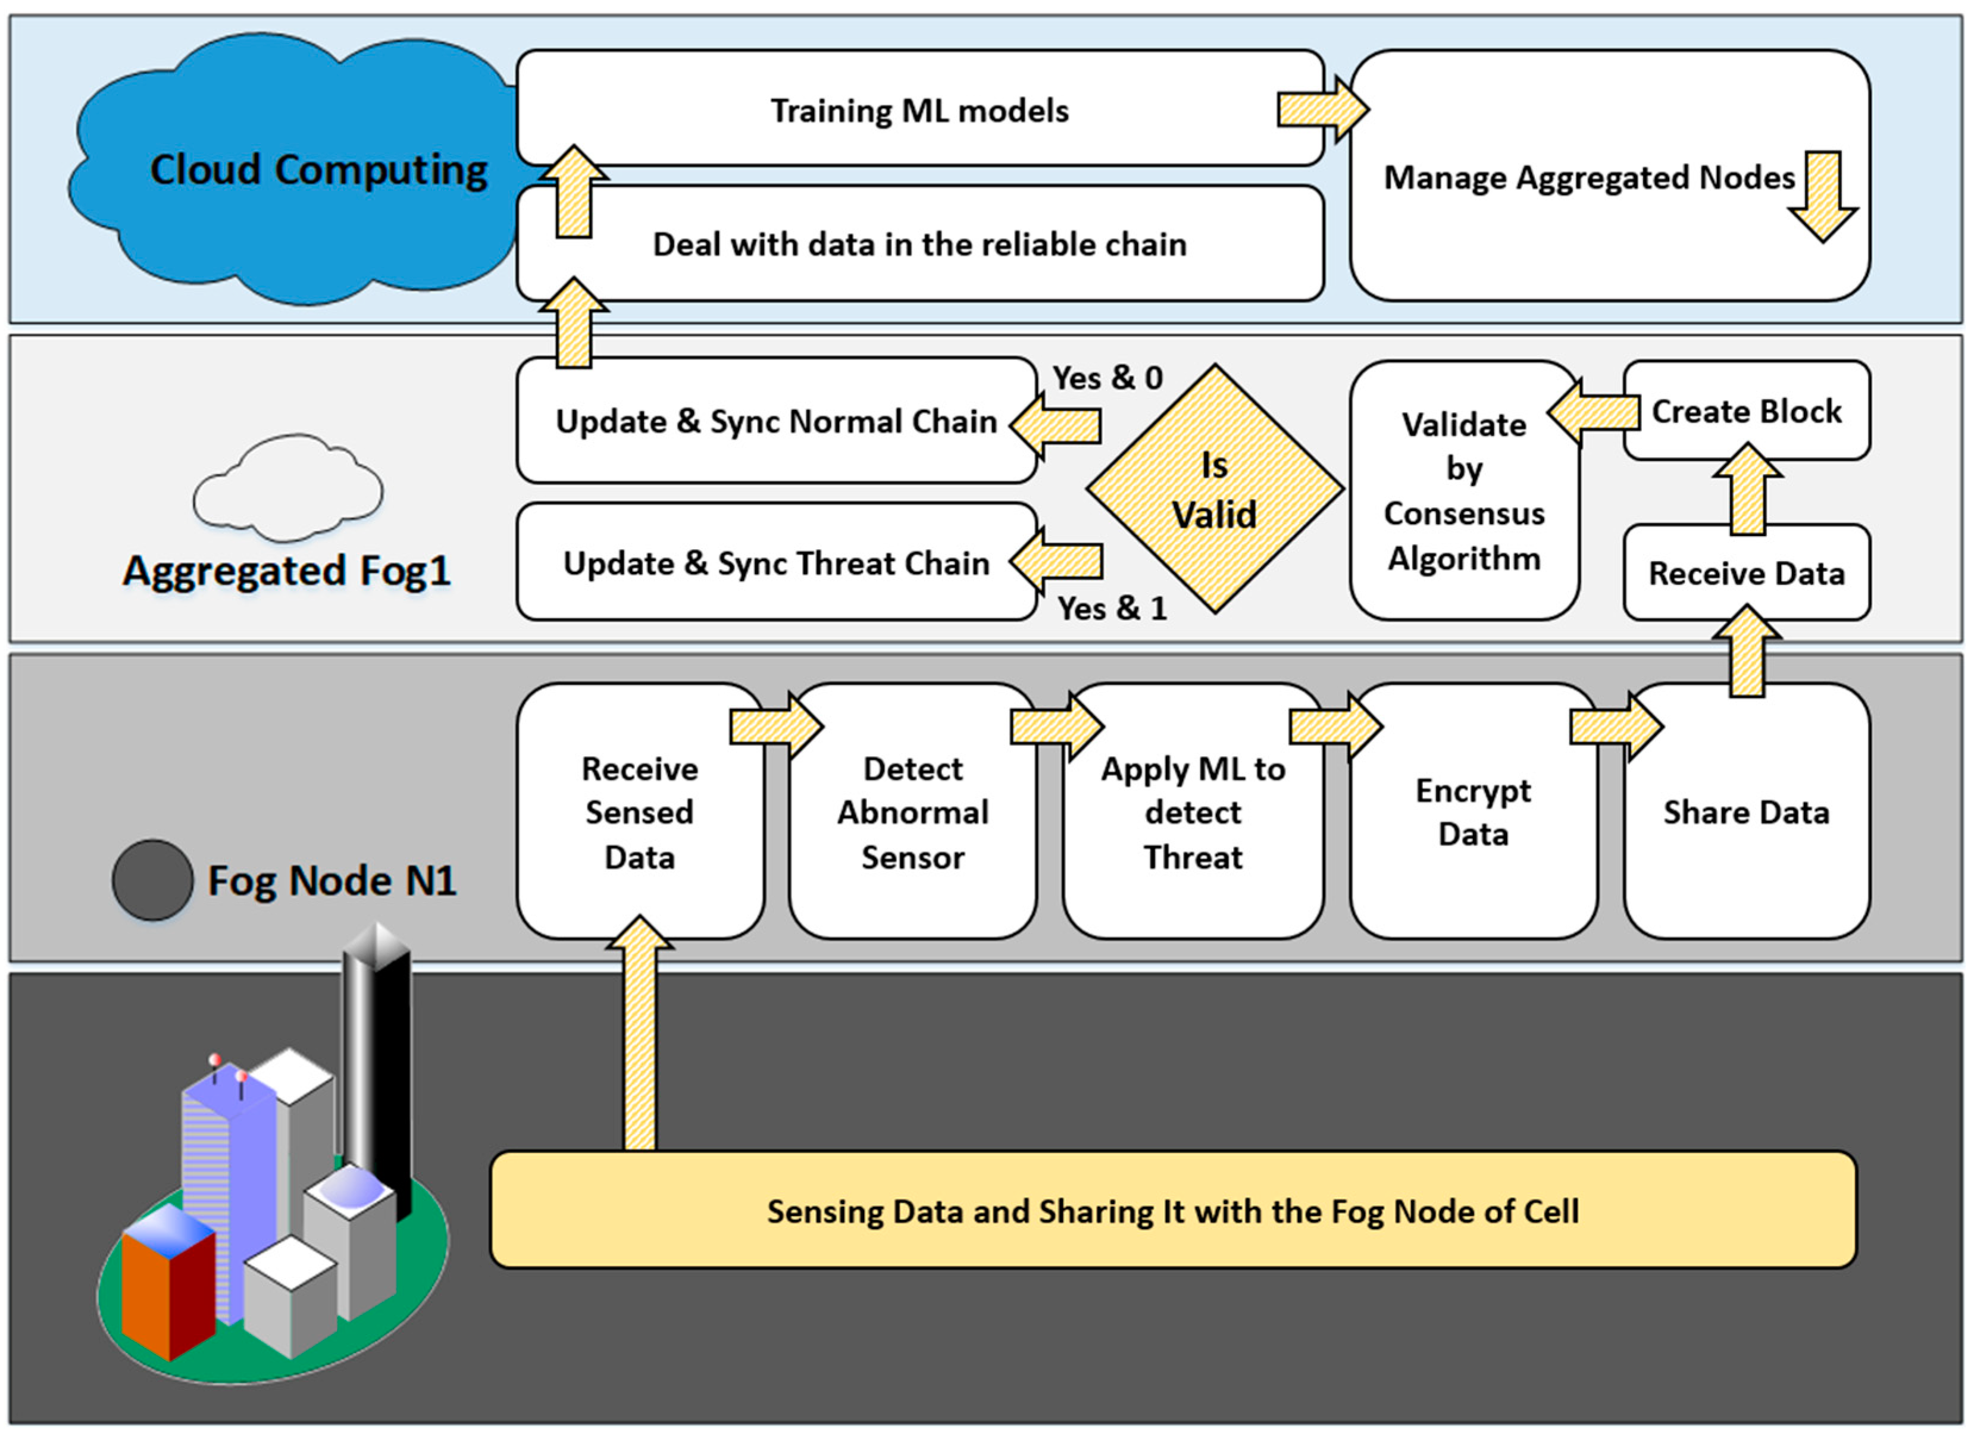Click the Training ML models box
[919, 110]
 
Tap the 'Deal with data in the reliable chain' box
[919, 245]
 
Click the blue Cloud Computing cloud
[296, 170]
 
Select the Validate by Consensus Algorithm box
[1464, 491]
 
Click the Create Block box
[1746, 411]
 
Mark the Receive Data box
[1746, 573]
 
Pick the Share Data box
[1746, 812]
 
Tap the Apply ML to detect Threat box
[1193, 812]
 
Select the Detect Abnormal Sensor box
[912, 812]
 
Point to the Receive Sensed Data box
[639, 812]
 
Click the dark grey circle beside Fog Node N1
[153, 880]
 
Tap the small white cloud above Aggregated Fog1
[288, 488]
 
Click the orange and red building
[167, 1282]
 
